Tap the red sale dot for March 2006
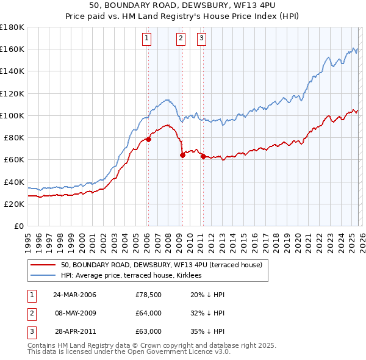(148, 139)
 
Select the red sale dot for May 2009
(182, 155)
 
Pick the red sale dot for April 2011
(203, 156)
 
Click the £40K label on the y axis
(14, 182)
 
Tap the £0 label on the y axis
(19, 226)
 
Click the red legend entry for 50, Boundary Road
(161, 265)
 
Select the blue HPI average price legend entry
(134, 276)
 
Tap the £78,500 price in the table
(148, 295)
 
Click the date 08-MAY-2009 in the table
(74, 313)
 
